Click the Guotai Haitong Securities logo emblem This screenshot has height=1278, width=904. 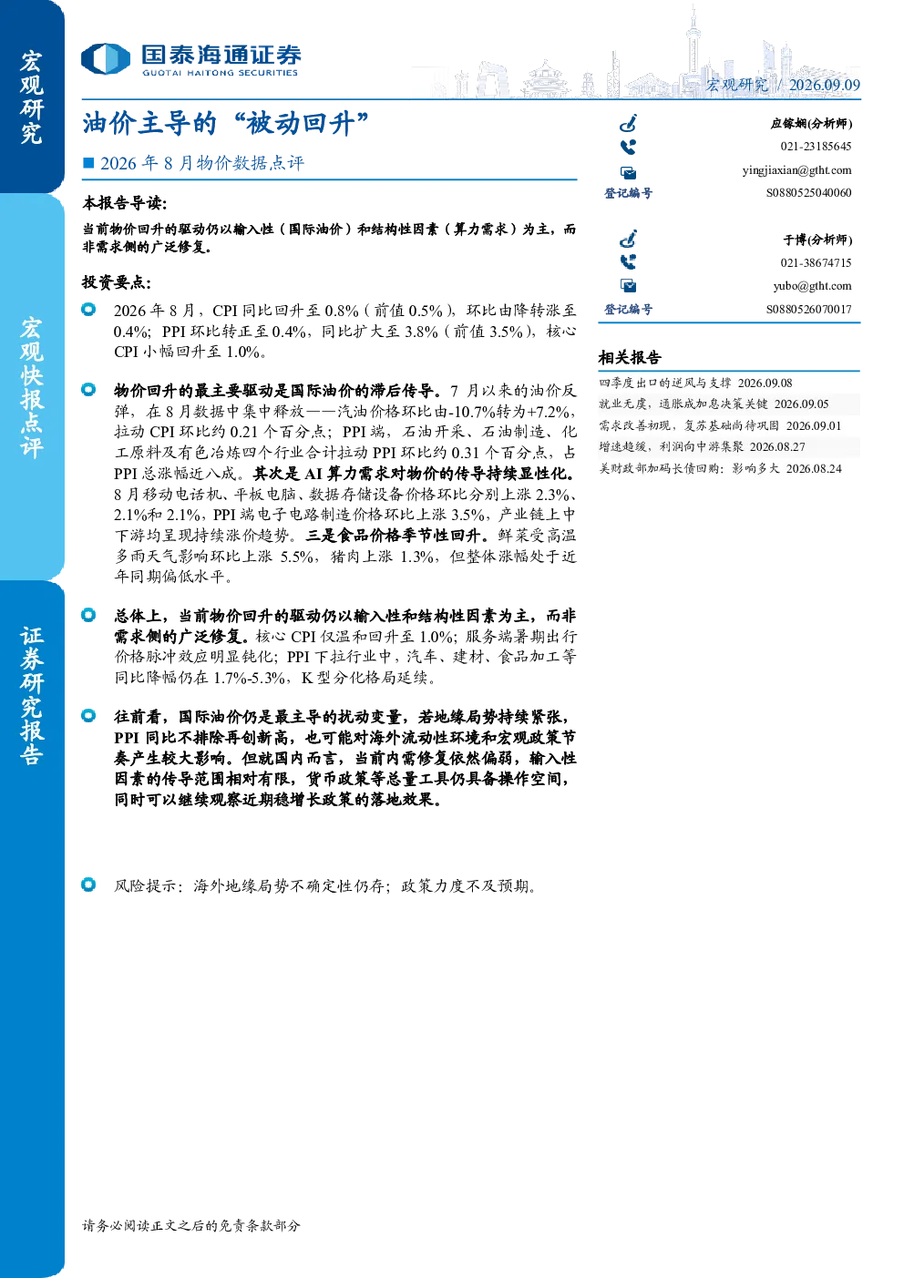pos(106,58)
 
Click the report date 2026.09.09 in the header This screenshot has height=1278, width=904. pos(824,85)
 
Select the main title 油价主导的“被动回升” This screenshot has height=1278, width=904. pos(225,123)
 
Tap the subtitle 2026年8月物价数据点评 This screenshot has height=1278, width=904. pos(202,163)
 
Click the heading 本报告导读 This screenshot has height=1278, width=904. pos(125,203)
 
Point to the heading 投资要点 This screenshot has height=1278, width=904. pos(117,282)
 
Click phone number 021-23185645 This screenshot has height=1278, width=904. pos(816,147)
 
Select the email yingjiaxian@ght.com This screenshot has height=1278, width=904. pos(796,170)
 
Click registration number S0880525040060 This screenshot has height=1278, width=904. pos(808,193)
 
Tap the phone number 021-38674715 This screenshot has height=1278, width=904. pos(816,263)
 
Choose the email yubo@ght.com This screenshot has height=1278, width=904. pos(812,286)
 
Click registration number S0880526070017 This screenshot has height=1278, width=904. pos(808,309)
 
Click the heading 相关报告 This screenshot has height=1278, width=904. pos(630,358)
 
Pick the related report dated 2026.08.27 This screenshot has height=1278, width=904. pos(702,446)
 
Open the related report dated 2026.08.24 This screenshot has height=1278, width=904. pos(720,468)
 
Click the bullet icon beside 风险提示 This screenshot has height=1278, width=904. pos(88,884)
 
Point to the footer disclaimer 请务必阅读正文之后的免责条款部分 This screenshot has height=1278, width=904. pos(191,1225)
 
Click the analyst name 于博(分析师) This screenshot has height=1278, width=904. pos(817,240)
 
